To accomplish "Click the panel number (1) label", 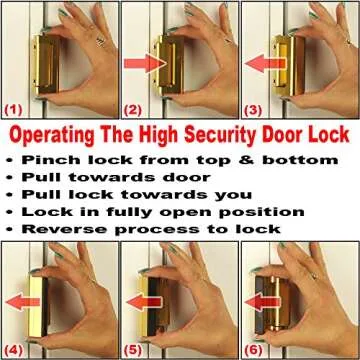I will tap(14, 107).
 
